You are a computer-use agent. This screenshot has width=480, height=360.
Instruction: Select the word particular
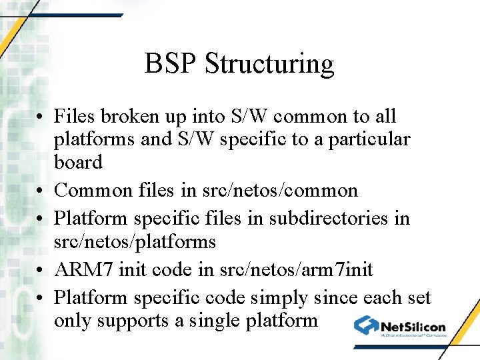[375, 140]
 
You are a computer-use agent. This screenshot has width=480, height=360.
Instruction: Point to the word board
[78, 162]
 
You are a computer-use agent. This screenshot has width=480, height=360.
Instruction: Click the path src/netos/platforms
[135, 241]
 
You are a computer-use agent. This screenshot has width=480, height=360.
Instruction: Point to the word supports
[129, 321]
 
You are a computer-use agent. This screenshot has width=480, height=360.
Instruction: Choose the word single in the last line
[210, 321]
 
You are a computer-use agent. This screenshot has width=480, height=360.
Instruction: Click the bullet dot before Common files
[41, 191]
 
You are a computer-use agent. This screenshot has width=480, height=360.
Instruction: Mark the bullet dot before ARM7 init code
[41, 271]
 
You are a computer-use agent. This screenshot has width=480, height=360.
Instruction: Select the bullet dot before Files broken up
[41, 117]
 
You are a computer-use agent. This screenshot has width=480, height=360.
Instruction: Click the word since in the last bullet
[335, 297]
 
